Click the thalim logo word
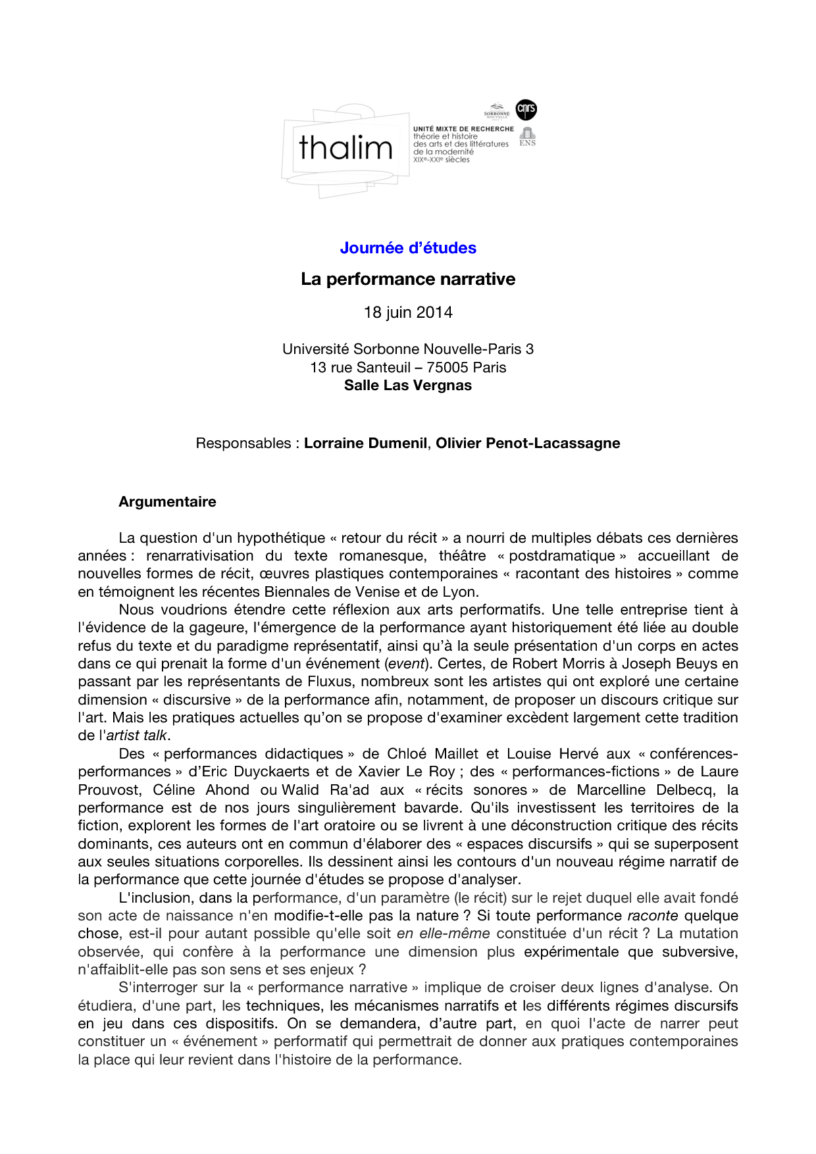pyautogui.click(x=345, y=147)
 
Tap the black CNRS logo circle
pyautogui.click(x=526, y=109)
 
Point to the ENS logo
pyautogui.click(x=527, y=137)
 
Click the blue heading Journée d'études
pyautogui.click(x=408, y=248)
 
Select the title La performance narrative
pyautogui.click(x=408, y=279)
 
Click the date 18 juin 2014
pyautogui.click(x=408, y=313)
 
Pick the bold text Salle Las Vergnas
pyautogui.click(x=408, y=386)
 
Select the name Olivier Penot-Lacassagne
pyautogui.click(x=528, y=443)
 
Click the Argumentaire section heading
pyautogui.click(x=167, y=502)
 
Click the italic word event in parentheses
pyautogui.click(x=407, y=664)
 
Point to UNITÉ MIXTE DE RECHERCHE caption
pyautogui.click(x=463, y=129)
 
